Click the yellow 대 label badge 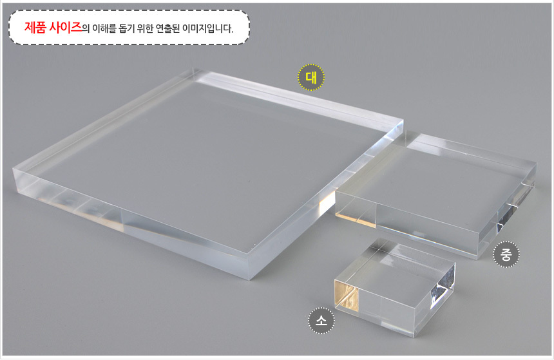coord(311,77)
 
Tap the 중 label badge coord(506,254)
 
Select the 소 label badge coord(321,321)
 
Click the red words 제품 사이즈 coord(53,27)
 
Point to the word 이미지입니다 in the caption coord(207,28)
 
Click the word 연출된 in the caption coord(168,28)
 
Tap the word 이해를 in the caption coord(104,28)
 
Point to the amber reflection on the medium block coord(355,219)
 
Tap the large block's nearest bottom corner coord(250,279)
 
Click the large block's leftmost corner coord(13,169)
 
